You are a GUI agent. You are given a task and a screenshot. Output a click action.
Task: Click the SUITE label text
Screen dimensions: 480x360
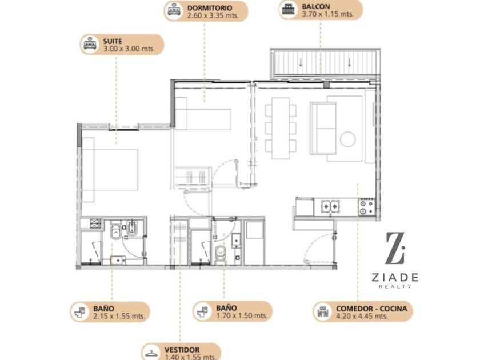point(113,41)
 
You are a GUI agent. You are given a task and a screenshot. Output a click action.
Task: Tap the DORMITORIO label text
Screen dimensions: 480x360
point(210,7)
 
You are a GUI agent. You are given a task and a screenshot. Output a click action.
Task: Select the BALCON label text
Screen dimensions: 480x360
point(316,6)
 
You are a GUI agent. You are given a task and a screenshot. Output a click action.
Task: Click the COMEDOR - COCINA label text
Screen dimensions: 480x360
point(371,309)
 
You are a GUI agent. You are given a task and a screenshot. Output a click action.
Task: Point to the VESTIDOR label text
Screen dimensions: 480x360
point(182,350)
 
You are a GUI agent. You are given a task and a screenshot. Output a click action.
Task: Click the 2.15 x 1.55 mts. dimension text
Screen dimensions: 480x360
point(119,316)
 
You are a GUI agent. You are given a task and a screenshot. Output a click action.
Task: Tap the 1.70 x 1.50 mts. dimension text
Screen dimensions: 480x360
point(242,315)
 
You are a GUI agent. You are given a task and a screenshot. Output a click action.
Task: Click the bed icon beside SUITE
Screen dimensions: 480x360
point(90,45)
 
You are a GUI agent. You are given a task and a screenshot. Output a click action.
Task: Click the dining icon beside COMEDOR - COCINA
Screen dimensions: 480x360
point(323,312)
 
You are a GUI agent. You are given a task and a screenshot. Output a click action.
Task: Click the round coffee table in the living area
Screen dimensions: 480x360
point(347,139)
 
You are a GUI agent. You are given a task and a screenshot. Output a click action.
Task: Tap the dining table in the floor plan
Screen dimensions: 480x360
point(281,128)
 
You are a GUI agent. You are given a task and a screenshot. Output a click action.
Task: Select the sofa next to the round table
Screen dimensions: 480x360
point(323,129)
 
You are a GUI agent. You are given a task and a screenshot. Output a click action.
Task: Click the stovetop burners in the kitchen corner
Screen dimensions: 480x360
point(367,207)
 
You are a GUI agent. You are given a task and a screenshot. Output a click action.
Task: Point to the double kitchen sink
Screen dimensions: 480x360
point(330,207)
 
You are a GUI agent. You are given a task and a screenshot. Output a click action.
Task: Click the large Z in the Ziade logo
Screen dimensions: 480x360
point(395,248)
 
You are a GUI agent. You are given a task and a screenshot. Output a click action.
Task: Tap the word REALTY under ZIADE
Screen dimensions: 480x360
point(395,286)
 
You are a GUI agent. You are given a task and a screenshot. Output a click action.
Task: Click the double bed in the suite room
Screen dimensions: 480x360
point(110,170)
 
